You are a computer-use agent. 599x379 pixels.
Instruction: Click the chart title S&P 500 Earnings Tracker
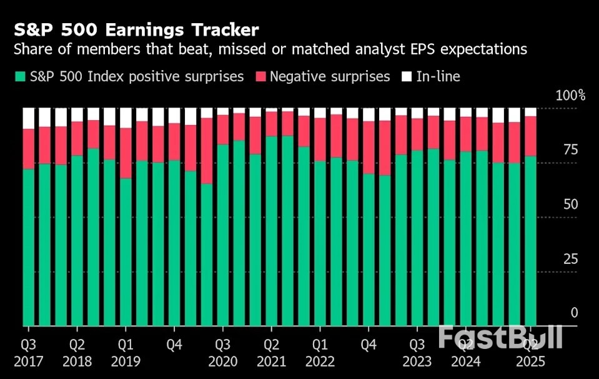135,29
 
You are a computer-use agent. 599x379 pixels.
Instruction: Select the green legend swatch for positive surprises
19,77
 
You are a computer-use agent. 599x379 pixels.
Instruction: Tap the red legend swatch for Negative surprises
260,77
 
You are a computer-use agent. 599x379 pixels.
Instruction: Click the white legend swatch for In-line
407,77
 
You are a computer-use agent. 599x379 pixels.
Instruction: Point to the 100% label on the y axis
570,96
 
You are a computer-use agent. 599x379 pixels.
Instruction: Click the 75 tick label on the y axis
570,150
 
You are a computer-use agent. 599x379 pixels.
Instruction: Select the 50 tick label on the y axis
570,205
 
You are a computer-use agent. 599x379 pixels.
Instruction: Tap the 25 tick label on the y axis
570,259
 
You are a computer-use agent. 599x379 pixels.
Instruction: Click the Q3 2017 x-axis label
29,353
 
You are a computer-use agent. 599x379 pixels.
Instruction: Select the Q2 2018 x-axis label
77,353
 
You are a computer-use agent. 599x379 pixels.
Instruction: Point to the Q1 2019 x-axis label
126,353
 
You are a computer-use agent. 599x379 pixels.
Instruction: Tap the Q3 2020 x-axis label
223,353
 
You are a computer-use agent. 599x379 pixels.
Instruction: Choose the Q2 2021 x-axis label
272,353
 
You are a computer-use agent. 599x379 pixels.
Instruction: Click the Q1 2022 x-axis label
320,353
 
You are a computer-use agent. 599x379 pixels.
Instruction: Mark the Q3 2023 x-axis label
417,353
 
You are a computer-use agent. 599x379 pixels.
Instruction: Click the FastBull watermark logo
500,336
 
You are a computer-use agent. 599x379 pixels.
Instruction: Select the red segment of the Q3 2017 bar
29,149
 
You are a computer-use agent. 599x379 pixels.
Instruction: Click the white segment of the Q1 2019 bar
126,118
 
